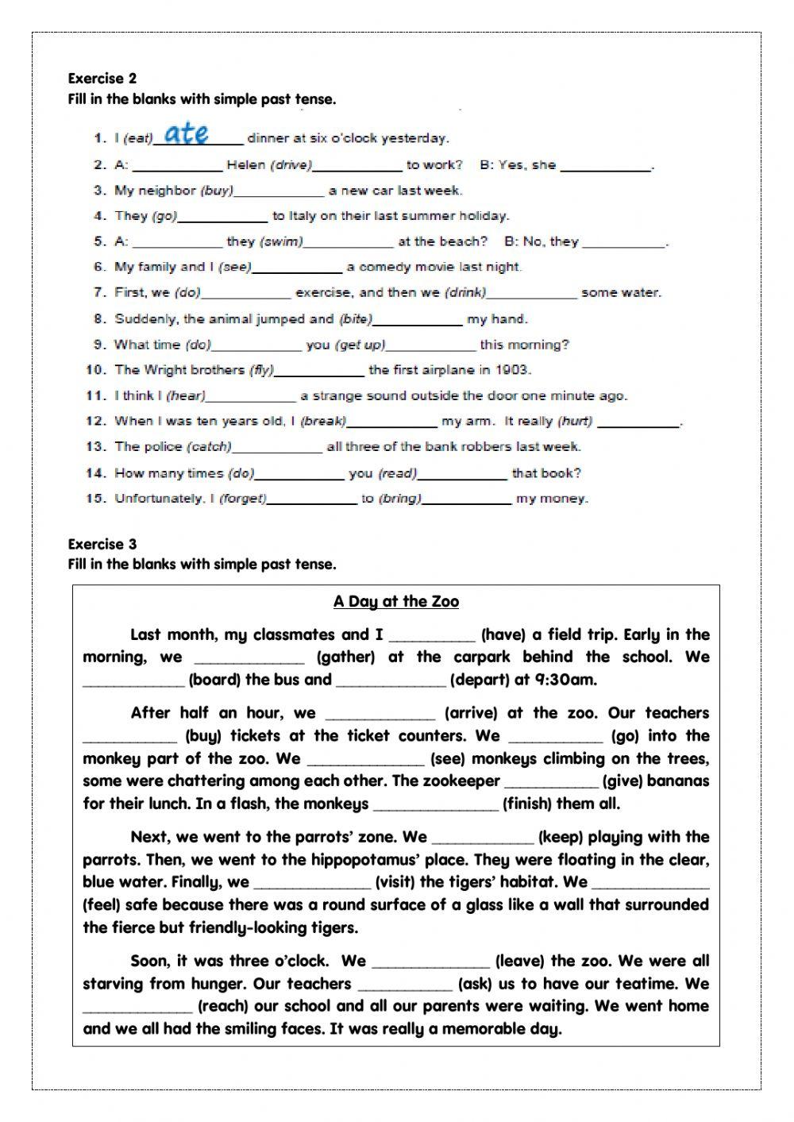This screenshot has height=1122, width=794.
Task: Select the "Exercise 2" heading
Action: (102, 78)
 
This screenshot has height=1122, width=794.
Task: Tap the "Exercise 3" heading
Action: (102, 544)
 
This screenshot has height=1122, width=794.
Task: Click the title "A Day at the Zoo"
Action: (396, 601)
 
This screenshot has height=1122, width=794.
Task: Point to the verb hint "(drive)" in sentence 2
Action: (291, 165)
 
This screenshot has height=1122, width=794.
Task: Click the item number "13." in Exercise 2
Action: (96, 446)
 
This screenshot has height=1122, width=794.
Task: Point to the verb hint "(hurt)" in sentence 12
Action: (576, 421)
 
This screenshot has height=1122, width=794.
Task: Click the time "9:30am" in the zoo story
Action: (565, 680)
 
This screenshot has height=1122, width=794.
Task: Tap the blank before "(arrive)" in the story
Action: (380, 714)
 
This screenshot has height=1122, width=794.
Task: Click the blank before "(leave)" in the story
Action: (430, 962)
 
